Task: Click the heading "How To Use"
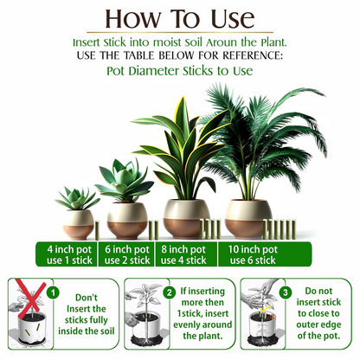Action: (x=179, y=19)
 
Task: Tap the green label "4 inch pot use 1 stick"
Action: (x=71, y=254)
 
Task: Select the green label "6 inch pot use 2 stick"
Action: (x=127, y=254)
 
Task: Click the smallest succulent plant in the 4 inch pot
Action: (x=77, y=200)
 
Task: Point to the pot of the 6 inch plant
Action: (x=129, y=220)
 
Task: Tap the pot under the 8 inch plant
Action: (x=186, y=219)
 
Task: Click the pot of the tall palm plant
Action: (x=248, y=217)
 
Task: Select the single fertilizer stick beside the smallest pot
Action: (x=99, y=230)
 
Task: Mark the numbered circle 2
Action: (x=170, y=292)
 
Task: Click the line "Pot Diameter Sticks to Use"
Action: (x=179, y=71)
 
